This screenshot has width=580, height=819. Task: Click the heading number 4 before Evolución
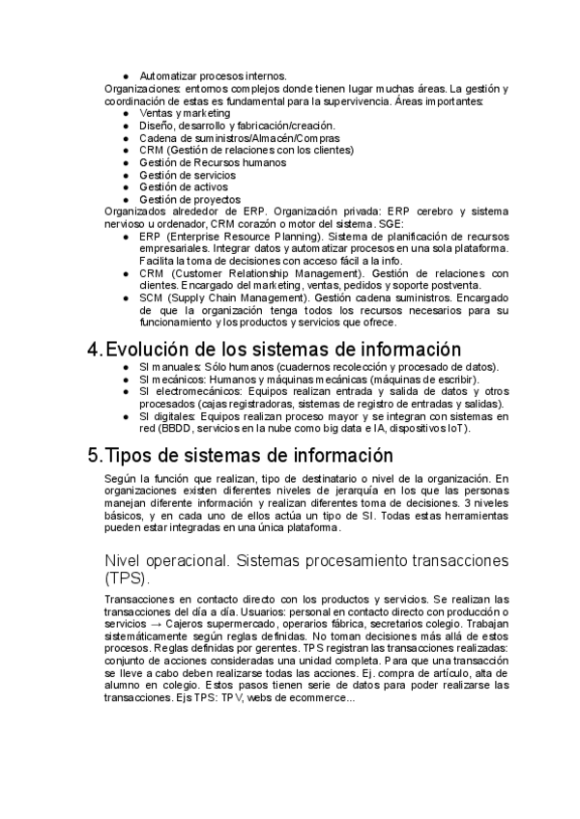click(94, 350)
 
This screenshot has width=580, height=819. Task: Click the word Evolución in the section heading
click(146, 350)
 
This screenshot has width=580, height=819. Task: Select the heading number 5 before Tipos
click(94, 455)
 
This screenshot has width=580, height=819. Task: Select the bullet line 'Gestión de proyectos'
click(189, 199)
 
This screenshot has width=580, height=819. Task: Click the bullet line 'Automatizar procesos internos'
click(213, 75)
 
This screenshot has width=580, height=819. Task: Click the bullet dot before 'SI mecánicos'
click(126, 380)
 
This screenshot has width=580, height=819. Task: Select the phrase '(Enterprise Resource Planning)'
click(242, 237)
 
